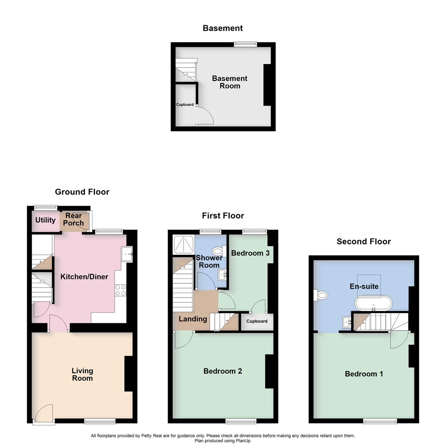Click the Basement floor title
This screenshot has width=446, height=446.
223,28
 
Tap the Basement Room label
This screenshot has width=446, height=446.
230,82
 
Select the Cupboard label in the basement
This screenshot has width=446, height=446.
185,104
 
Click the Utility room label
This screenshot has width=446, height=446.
45,220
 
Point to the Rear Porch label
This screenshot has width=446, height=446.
74,219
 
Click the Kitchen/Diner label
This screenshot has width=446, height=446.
84,277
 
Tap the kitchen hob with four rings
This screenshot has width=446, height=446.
121,290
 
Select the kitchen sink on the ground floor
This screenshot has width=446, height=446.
127,254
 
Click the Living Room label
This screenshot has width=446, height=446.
82,375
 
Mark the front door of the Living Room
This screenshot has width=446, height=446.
44,414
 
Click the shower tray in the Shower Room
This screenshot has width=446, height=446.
181,244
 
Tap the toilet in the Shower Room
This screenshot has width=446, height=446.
217,251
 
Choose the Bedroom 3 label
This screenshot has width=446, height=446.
250,253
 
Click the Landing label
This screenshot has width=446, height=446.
192,319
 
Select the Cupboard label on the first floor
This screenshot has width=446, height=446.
257,321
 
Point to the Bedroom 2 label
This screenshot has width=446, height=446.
223,371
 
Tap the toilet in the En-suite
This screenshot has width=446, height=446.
321,295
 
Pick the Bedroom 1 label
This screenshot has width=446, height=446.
364,374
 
